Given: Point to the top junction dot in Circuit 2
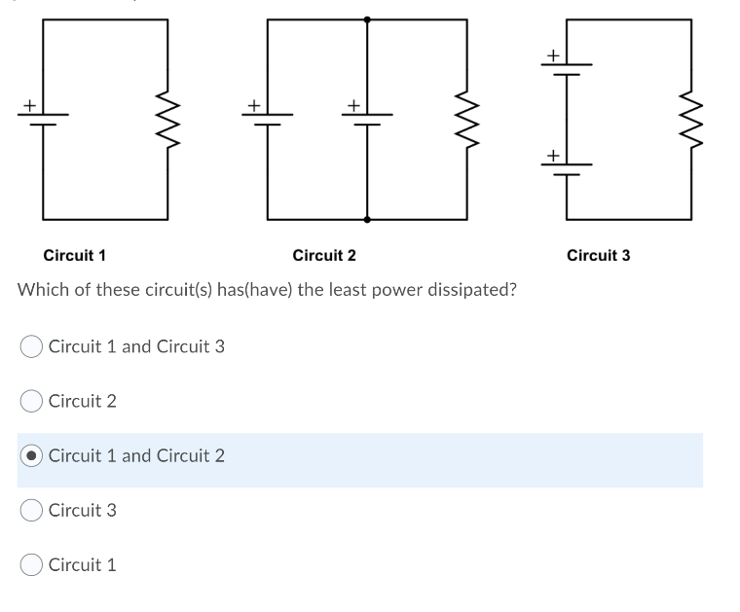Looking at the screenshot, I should [367, 18].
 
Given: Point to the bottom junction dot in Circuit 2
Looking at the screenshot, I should [367, 220].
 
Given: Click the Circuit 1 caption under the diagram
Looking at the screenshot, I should [75, 256].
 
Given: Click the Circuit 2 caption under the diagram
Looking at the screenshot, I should [324, 256].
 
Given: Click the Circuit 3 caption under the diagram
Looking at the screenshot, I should [598, 256].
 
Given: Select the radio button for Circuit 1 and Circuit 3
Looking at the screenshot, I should [31, 346].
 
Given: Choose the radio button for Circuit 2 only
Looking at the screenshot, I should [31, 401].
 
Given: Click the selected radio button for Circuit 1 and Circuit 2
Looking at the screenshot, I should [31, 455].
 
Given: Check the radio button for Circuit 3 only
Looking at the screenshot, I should [31, 510].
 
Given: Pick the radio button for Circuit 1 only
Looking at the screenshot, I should [31, 564].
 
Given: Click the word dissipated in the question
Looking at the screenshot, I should [469, 291].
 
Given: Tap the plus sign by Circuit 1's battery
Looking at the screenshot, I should [30, 102].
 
